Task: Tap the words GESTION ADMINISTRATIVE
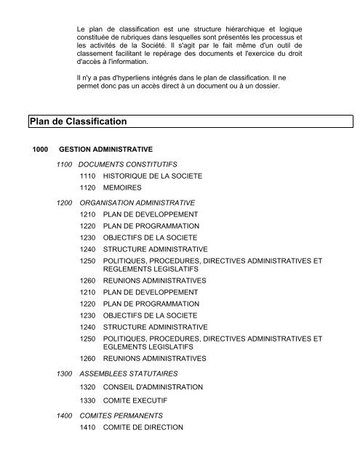pyautogui.click(x=105, y=150)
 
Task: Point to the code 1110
pyautogui.click(x=89, y=176)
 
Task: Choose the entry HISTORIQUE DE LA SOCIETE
pyautogui.click(x=153, y=176)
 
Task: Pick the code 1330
pyautogui.click(x=89, y=400)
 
